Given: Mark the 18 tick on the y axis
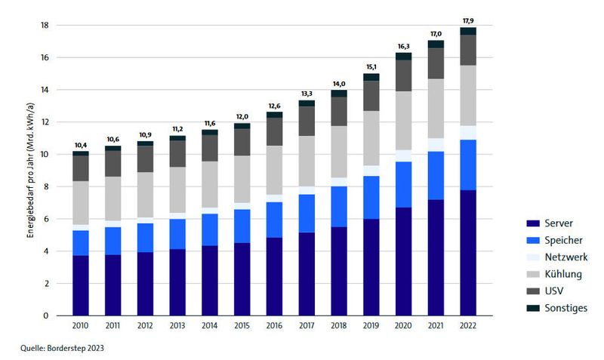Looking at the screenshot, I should coord(45,25).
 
